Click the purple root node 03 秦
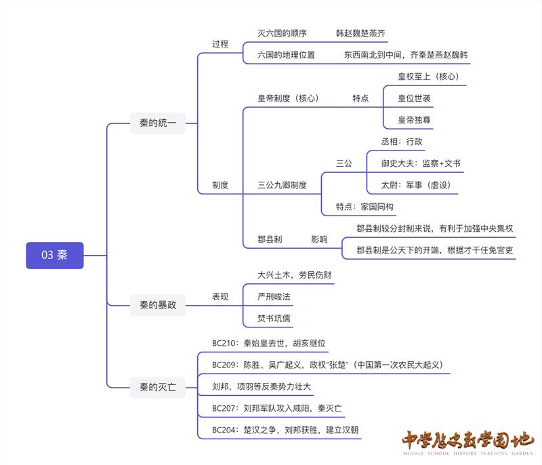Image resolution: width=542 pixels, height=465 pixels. point(54,255)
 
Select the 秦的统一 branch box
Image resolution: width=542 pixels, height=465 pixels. point(158,123)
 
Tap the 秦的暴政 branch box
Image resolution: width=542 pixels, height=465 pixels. point(158,305)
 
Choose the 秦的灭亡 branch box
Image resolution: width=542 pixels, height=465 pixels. point(158,388)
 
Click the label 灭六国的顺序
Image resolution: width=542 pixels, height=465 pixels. point(283,33)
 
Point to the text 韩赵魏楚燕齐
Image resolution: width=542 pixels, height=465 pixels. point(361,33)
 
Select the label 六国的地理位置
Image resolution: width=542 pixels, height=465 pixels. point(287,55)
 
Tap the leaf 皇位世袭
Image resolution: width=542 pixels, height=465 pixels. point(415,98)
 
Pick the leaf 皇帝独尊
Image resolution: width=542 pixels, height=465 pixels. point(415,119)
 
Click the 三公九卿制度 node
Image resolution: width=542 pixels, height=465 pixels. point(283,184)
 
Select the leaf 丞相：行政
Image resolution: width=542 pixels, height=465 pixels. point(402,142)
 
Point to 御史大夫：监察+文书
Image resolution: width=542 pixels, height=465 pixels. point(421,163)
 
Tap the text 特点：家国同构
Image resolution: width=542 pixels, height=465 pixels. point(364,207)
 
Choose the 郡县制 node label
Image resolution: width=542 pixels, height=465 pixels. point(270,239)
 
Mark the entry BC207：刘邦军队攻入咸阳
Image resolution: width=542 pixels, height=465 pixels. point(276,408)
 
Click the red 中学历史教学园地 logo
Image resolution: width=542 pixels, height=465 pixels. point(467,443)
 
